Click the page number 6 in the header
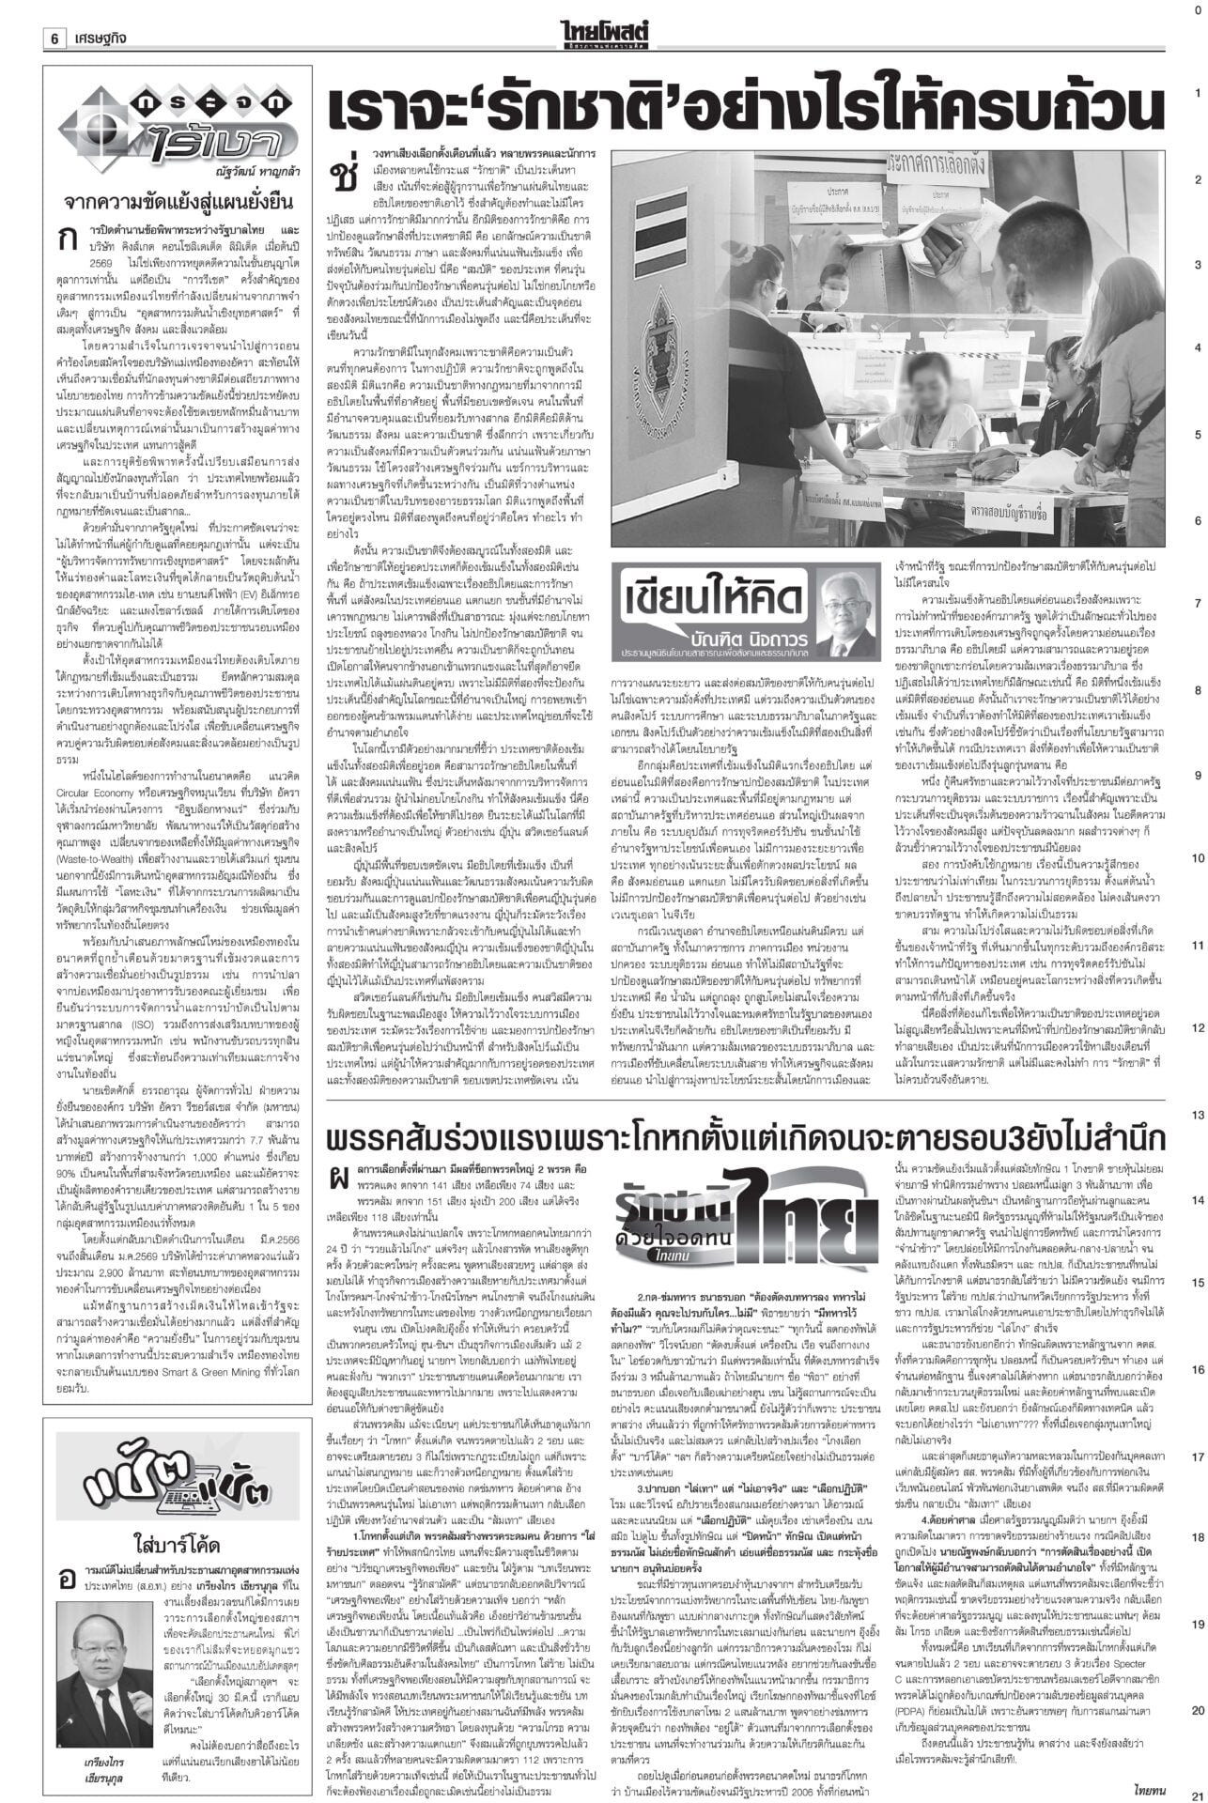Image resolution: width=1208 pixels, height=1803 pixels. pyautogui.click(x=55, y=13)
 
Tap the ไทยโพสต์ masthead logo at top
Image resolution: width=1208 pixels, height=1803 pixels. pyautogui.click(x=604, y=12)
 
